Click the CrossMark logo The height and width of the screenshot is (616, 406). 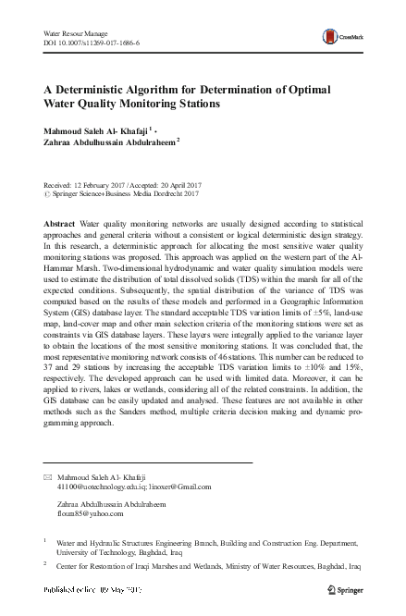336,37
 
